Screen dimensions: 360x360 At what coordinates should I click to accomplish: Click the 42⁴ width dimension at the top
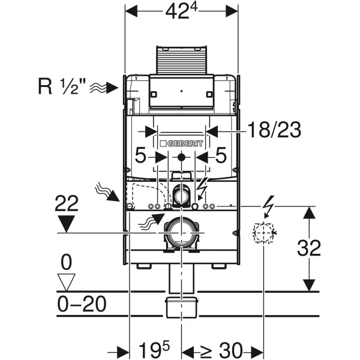point(181,11)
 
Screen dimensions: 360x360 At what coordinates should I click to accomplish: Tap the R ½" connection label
point(62,86)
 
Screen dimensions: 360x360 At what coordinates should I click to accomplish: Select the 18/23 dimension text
point(274,130)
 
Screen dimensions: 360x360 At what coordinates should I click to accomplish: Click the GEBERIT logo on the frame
point(182,144)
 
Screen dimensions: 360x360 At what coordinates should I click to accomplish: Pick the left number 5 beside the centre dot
point(140,155)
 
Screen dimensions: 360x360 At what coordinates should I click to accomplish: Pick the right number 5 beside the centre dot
point(221,155)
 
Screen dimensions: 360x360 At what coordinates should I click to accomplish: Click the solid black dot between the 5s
point(181,157)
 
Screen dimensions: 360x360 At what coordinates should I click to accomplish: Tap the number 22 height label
point(67,203)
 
